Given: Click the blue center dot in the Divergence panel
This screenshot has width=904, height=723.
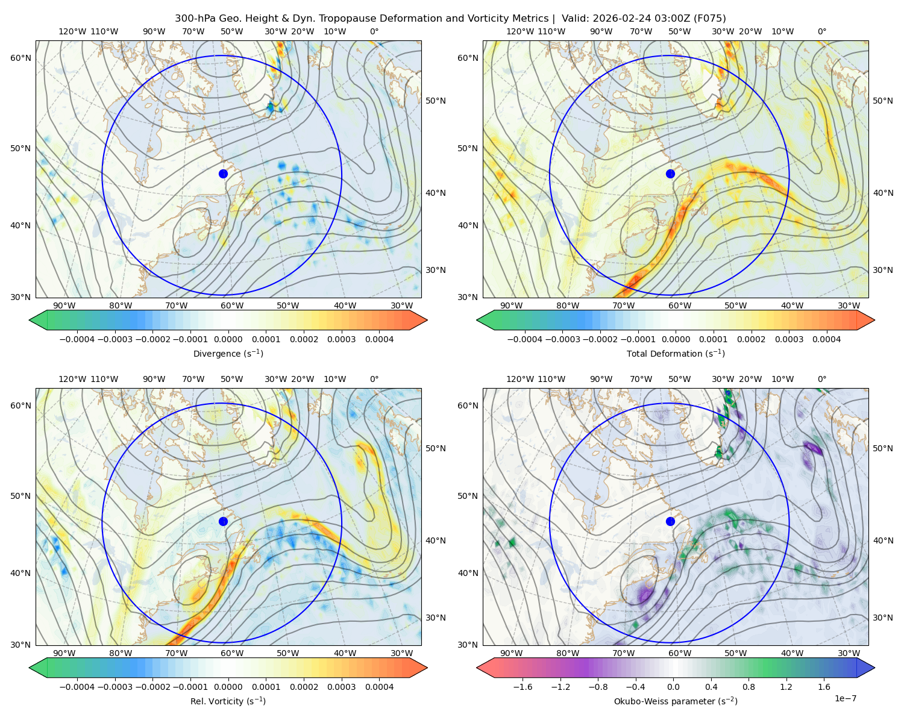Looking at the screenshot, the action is click(x=223, y=174).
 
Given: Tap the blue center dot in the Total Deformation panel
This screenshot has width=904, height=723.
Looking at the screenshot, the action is click(x=670, y=174).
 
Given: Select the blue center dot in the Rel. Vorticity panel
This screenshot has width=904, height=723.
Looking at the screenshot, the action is click(x=223, y=521).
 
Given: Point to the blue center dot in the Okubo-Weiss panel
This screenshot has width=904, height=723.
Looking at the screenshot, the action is click(x=670, y=521).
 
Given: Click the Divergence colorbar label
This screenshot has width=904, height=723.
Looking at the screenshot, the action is click(x=228, y=354).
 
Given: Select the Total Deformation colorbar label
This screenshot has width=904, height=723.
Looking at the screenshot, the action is click(x=676, y=354).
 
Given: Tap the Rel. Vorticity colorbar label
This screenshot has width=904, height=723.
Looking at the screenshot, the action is click(x=228, y=701).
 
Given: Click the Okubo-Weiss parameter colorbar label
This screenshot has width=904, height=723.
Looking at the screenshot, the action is click(x=676, y=701).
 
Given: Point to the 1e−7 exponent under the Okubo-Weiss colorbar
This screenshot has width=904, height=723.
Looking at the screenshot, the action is click(x=845, y=698).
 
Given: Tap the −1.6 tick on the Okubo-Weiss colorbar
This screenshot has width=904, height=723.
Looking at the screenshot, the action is click(x=523, y=687).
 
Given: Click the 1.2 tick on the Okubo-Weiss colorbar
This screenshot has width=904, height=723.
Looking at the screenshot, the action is click(x=786, y=687).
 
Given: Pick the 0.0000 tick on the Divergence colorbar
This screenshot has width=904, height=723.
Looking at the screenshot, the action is click(x=228, y=339).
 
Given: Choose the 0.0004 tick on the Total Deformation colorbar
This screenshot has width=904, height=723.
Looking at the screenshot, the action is click(x=826, y=339).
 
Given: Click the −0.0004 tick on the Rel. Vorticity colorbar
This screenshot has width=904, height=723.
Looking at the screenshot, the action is click(x=77, y=687).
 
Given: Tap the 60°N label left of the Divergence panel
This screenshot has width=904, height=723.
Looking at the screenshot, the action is click(x=20, y=58).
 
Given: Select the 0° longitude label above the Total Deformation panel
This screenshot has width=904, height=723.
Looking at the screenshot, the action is click(x=821, y=31).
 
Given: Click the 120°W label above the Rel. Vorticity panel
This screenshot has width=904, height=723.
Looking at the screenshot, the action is click(x=72, y=379).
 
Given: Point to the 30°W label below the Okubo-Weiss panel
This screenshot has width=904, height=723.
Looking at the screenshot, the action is click(x=849, y=653).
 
